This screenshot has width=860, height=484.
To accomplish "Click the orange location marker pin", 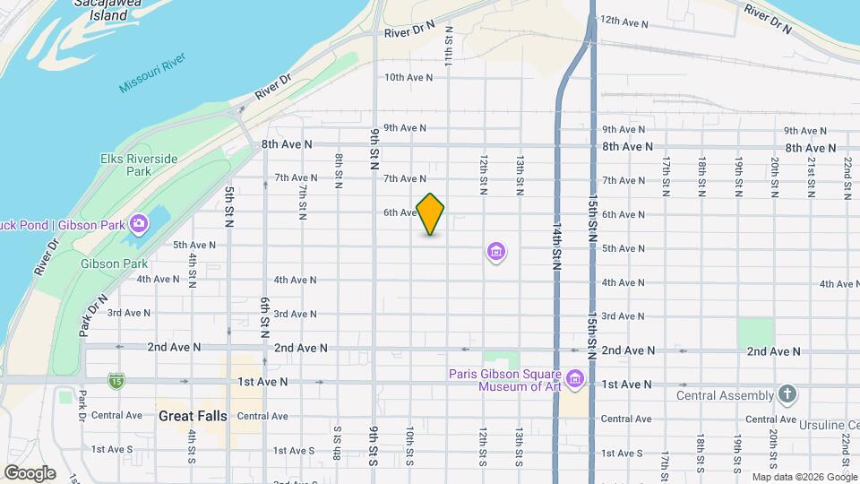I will (430, 214).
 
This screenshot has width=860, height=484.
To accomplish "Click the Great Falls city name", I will (193, 416).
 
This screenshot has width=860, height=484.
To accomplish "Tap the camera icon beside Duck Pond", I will (139, 223).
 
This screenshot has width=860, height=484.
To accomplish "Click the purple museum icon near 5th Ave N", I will (496, 253).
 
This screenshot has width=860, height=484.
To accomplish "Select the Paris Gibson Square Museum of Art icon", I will (575, 379).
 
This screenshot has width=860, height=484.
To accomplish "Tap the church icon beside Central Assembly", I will (787, 394).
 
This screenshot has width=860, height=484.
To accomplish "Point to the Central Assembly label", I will (725, 395).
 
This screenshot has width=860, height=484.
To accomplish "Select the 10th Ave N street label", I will (408, 77).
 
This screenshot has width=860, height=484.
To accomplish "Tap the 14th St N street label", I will (556, 243).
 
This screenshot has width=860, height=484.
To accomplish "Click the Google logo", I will (30, 473).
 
